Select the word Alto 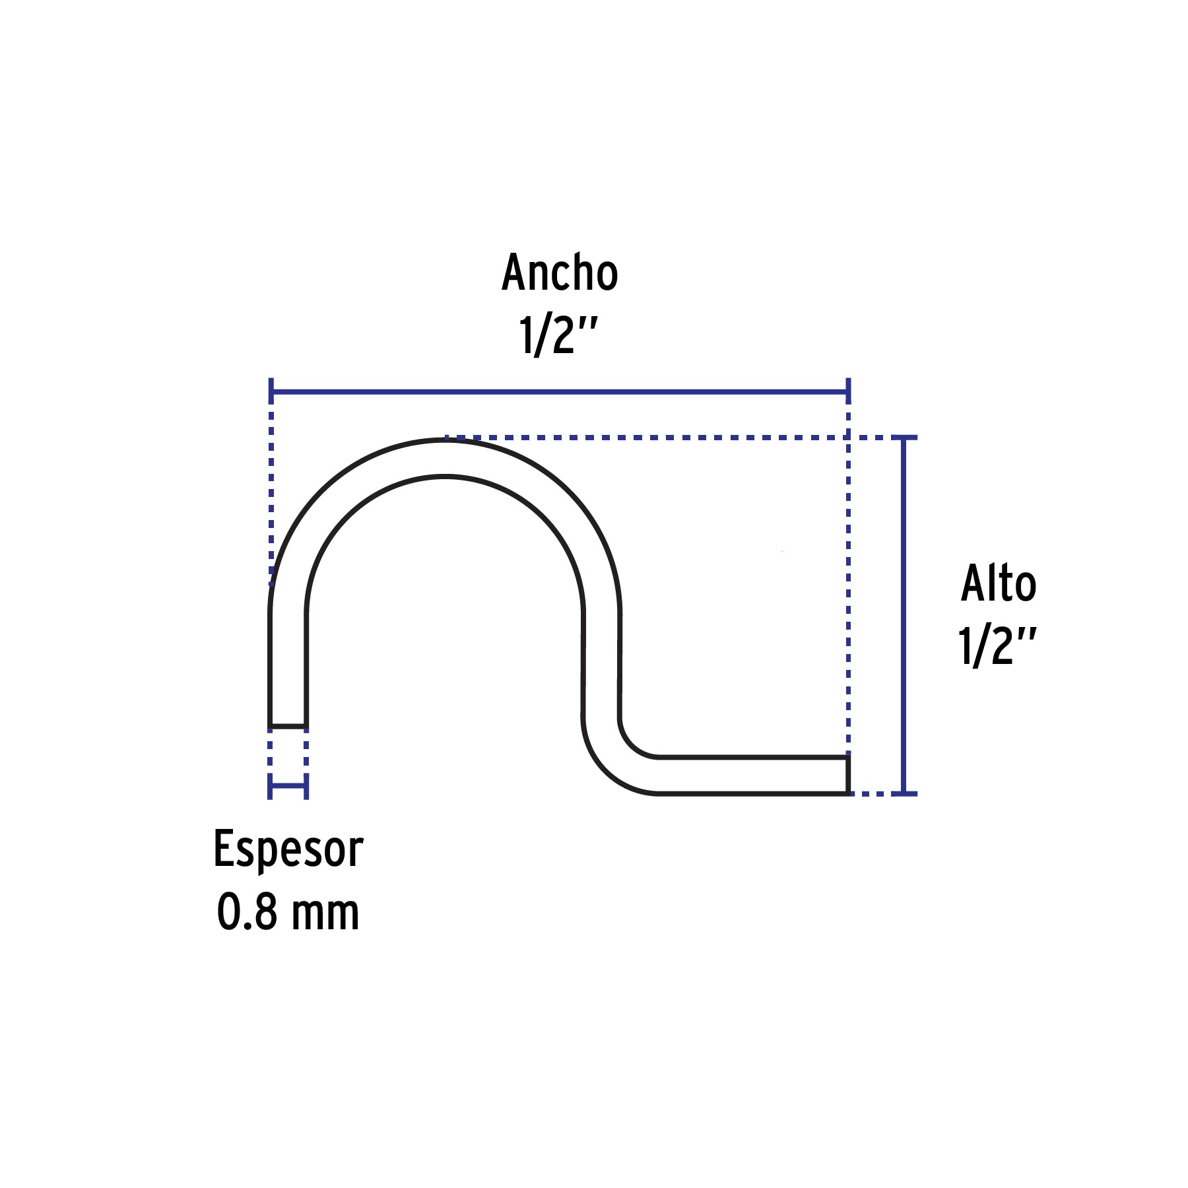click(998, 583)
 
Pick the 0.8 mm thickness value click(288, 913)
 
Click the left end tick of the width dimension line click(271, 391)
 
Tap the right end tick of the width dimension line click(848, 391)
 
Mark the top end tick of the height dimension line click(904, 438)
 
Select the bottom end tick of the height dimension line click(904, 793)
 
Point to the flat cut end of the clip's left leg click(288, 727)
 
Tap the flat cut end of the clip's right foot click(847, 775)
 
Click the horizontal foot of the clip click(752, 775)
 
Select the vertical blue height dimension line click(904, 615)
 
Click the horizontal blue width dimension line click(560, 391)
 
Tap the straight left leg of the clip click(288, 670)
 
